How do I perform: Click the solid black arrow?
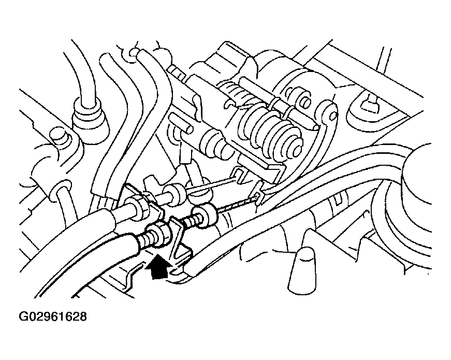tap(156, 268)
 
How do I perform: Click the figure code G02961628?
tap(53, 316)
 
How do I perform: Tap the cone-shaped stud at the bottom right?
tap(301, 270)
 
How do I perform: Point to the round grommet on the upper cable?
tap(174, 194)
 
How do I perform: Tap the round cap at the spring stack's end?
tap(295, 146)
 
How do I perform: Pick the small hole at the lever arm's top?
tap(333, 116)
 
